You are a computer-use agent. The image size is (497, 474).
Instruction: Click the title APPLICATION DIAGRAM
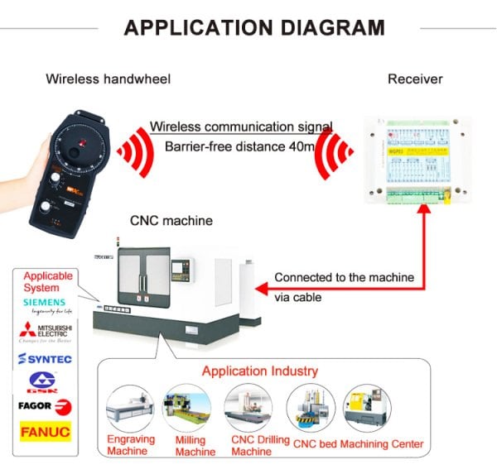point(253,27)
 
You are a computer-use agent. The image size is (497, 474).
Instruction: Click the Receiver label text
point(415,79)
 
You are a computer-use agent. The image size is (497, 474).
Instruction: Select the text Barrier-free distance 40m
point(240,147)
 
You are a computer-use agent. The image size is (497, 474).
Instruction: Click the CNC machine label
point(171,221)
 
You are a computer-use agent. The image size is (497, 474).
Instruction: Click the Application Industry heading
point(260,371)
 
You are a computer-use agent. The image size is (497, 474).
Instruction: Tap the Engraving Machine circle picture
point(129,409)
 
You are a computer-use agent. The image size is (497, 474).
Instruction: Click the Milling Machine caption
point(195,446)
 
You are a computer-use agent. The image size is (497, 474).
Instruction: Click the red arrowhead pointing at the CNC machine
point(260,289)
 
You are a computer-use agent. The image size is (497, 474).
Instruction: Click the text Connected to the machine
point(344,277)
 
